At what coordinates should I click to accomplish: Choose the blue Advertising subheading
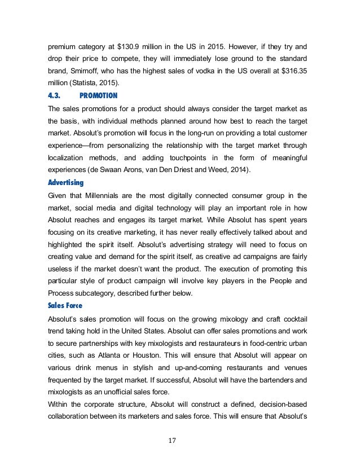coord(65,182)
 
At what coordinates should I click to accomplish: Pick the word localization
coord(66,158)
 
